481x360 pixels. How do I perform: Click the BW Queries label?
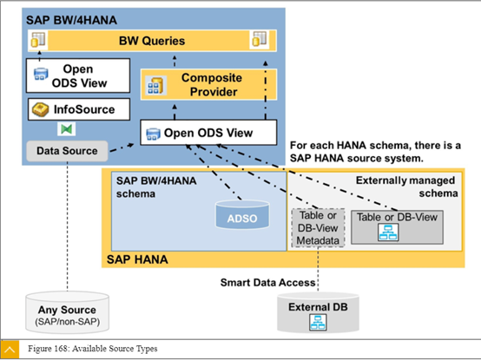(152, 41)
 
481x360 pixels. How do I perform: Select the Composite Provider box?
(208, 84)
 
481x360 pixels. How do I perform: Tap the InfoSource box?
(79, 109)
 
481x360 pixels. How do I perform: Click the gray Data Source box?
(67, 151)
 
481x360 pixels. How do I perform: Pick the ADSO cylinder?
(242, 214)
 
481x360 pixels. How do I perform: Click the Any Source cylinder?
(67, 312)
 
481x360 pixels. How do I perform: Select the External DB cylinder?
(318, 312)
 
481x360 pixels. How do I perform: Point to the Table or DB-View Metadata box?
(318, 228)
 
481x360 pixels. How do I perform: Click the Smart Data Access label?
(267, 282)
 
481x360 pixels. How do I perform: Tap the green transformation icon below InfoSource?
(66, 129)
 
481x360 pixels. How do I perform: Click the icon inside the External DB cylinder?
(318, 323)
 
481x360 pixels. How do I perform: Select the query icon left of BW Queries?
(38, 40)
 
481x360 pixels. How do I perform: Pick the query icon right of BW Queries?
(260, 39)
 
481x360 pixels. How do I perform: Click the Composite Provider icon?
(155, 86)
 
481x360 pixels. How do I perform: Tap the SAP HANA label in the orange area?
(137, 259)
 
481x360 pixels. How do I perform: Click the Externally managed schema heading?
(406, 187)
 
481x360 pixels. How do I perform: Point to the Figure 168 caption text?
(93, 349)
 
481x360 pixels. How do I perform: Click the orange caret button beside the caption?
(10, 350)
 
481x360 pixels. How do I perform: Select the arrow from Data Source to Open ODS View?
(122, 147)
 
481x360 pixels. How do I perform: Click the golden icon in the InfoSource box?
(41, 109)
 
